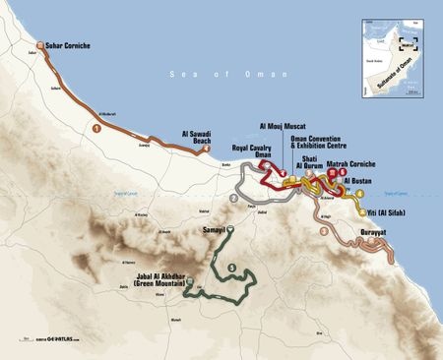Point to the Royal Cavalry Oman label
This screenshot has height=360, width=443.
[251, 152]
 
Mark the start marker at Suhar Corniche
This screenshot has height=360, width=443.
[37, 45]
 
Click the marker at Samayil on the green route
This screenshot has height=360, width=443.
[229, 229]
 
